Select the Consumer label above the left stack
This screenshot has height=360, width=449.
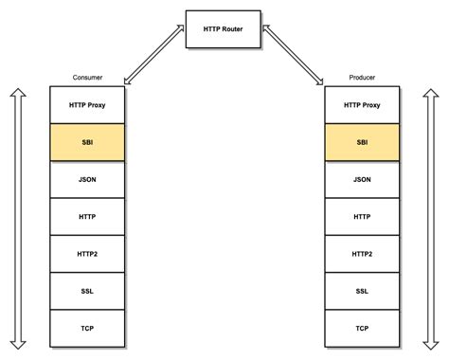pyautogui.click(x=87, y=78)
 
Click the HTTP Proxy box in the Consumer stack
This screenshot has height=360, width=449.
pyautogui.click(x=87, y=104)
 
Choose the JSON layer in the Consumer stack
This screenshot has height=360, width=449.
pyautogui.click(x=87, y=179)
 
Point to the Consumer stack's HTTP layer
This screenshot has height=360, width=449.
pyautogui.click(x=87, y=216)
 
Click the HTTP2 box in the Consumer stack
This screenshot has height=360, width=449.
pyautogui.click(x=87, y=253)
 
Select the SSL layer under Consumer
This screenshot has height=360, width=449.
pyautogui.click(x=87, y=291)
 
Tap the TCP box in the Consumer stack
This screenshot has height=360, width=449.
pyautogui.click(x=87, y=328)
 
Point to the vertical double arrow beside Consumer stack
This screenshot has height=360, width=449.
pyautogui.click(x=15, y=217)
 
